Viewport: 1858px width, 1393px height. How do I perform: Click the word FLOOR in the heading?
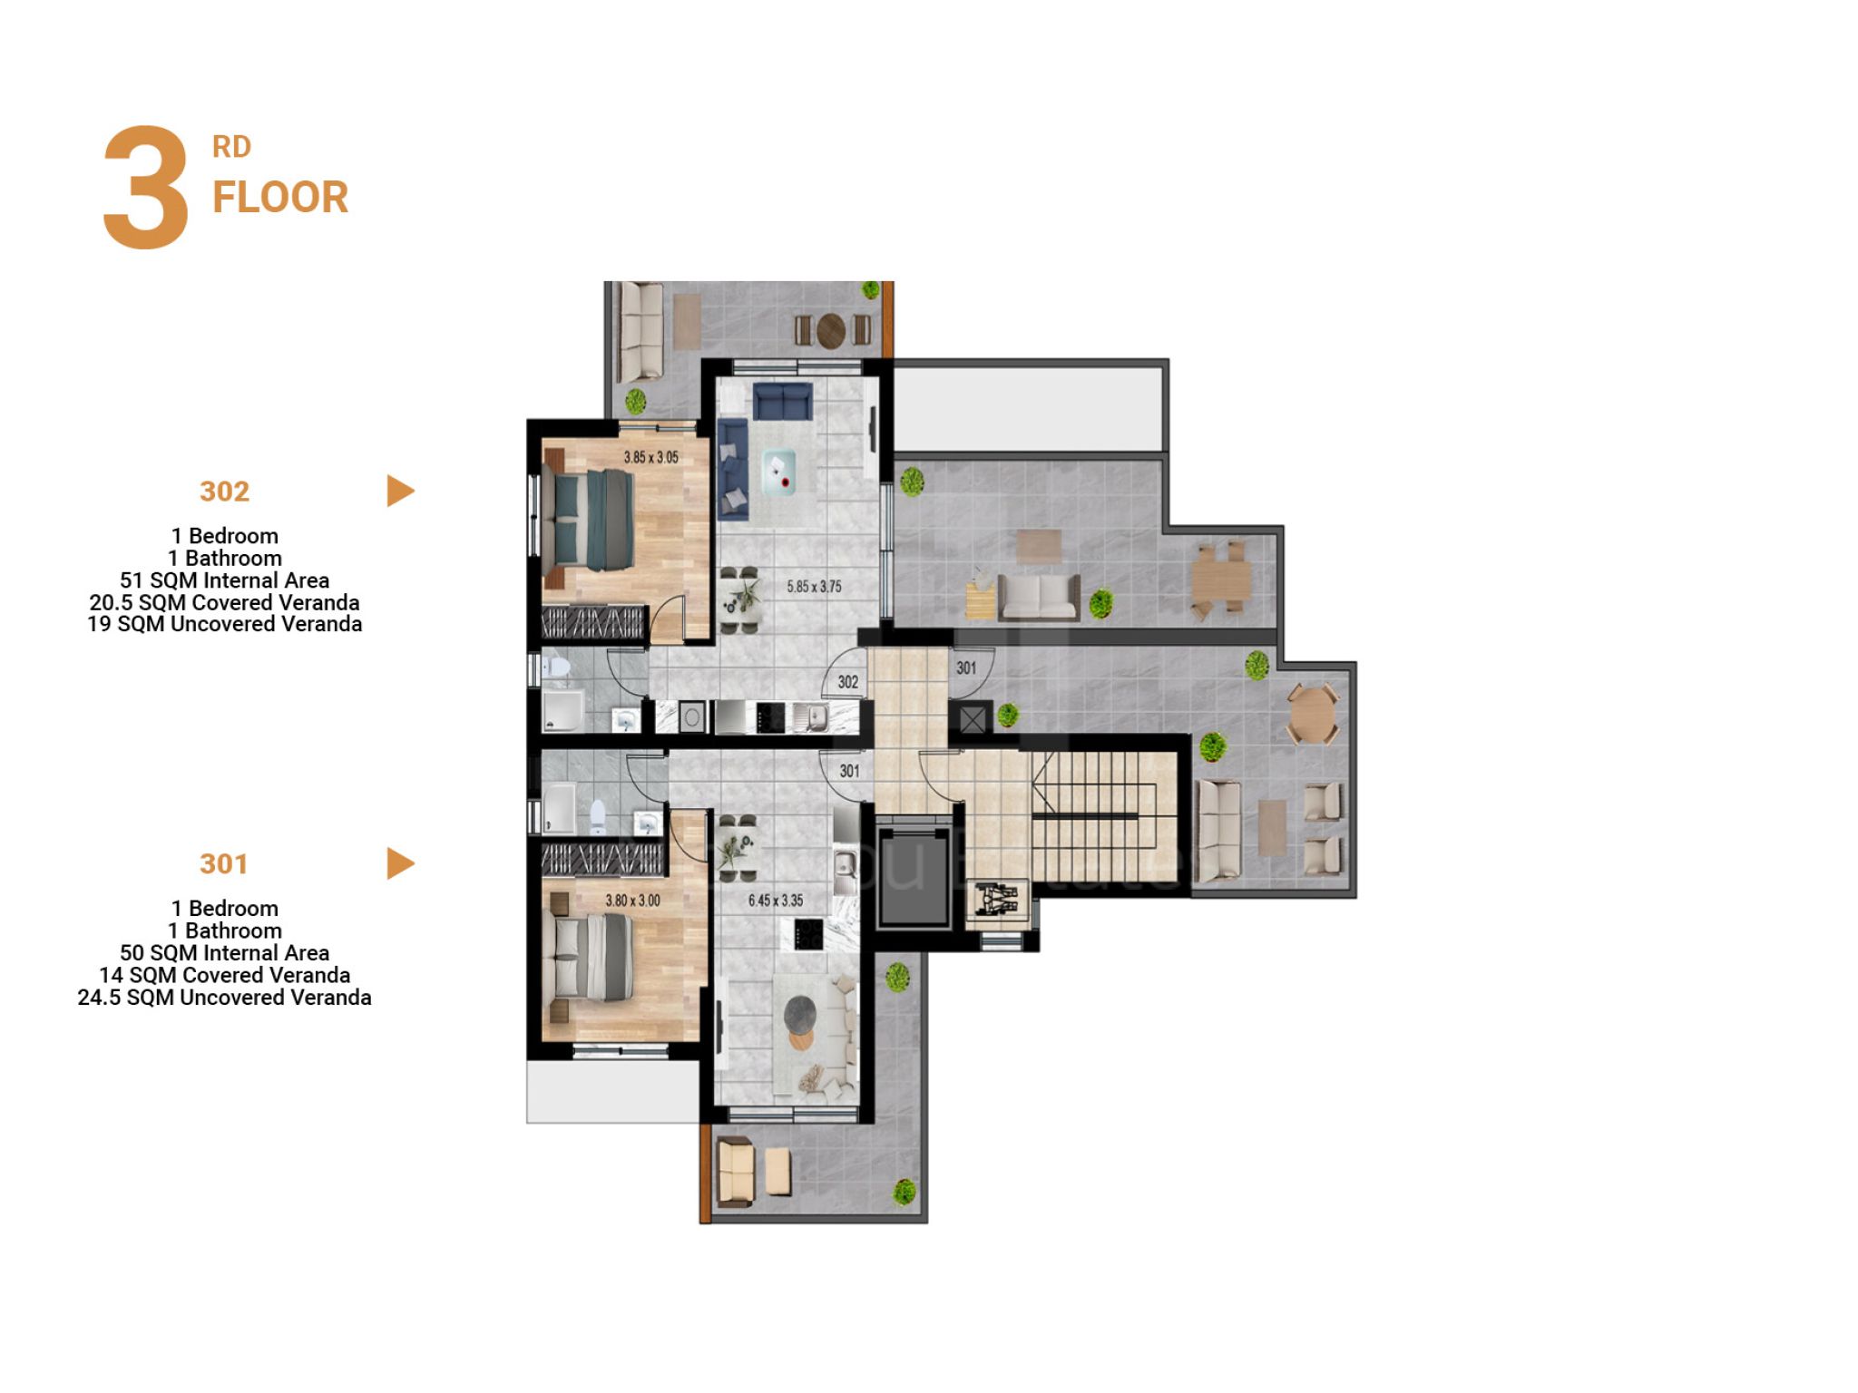(280, 198)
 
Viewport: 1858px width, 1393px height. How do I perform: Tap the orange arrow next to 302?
(400, 491)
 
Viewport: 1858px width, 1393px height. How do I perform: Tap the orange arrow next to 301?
(400, 863)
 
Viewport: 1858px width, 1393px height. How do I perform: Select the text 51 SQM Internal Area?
(225, 580)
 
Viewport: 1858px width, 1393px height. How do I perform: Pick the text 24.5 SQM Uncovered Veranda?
(224, 998)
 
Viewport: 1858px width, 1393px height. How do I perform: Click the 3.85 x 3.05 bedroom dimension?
(650, 457)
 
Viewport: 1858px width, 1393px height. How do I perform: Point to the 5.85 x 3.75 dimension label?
(814, 587)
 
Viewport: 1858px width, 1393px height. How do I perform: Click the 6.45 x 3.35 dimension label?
(776, 901)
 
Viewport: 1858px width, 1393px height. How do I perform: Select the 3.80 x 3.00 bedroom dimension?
(632, 901)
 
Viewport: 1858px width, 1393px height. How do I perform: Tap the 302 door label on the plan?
(848, 682)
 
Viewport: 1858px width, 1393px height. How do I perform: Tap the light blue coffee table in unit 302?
(779, 471)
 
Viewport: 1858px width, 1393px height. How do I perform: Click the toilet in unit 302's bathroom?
(557, 668)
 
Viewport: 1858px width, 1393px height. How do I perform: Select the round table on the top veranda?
(831, 331)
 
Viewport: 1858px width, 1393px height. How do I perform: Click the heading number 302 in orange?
(224, 492)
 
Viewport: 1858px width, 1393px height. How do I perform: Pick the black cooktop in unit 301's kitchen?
(808, 933)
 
